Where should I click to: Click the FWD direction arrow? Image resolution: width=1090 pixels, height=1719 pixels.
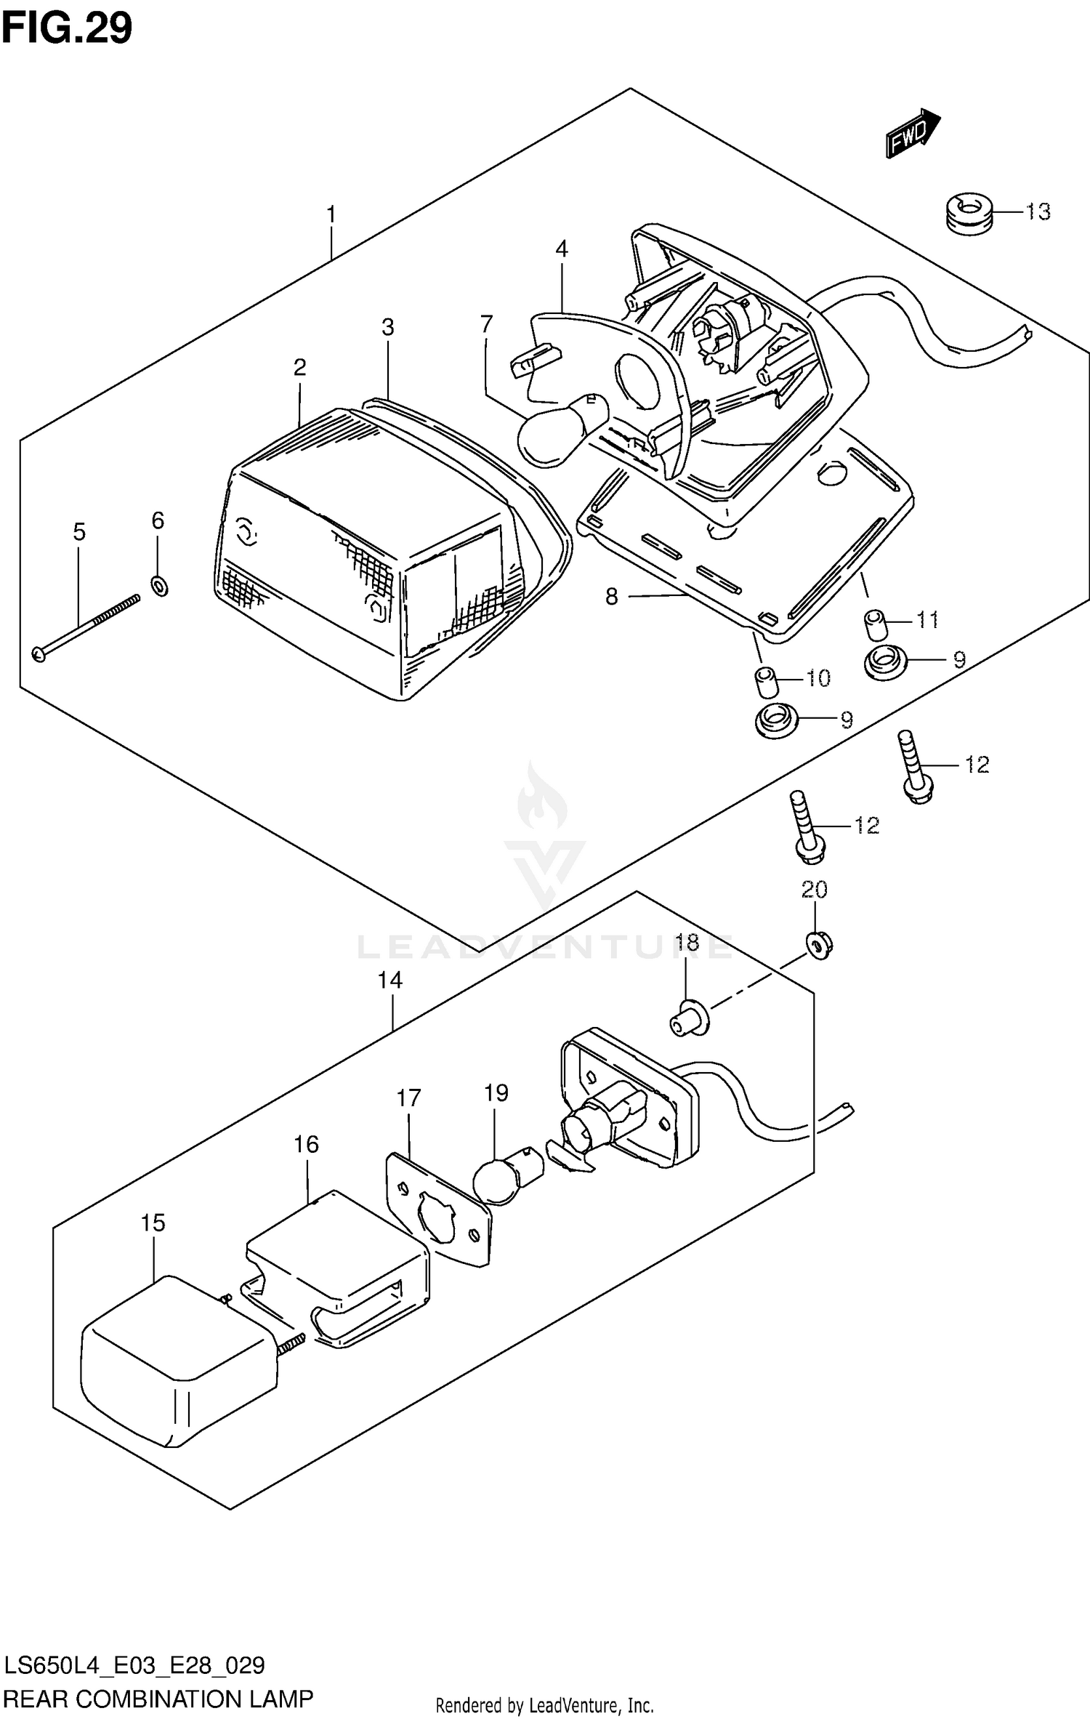[912, 133]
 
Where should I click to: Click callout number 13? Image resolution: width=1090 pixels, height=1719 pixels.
[1038, 212]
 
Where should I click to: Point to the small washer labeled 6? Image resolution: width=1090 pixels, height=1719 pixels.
[160, 584]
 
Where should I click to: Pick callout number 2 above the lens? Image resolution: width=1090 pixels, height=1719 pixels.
[299, 368]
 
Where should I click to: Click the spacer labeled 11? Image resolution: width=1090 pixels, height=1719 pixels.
[873, 623]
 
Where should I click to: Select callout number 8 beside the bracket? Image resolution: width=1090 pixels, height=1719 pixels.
[611, 597]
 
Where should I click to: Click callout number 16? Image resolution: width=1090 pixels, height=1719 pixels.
[306, 1145]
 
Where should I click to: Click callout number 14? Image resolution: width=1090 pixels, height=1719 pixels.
[389, 981]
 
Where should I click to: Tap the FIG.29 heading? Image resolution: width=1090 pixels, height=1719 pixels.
[67, 28]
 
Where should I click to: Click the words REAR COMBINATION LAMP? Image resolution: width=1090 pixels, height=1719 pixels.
[158, 1699]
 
